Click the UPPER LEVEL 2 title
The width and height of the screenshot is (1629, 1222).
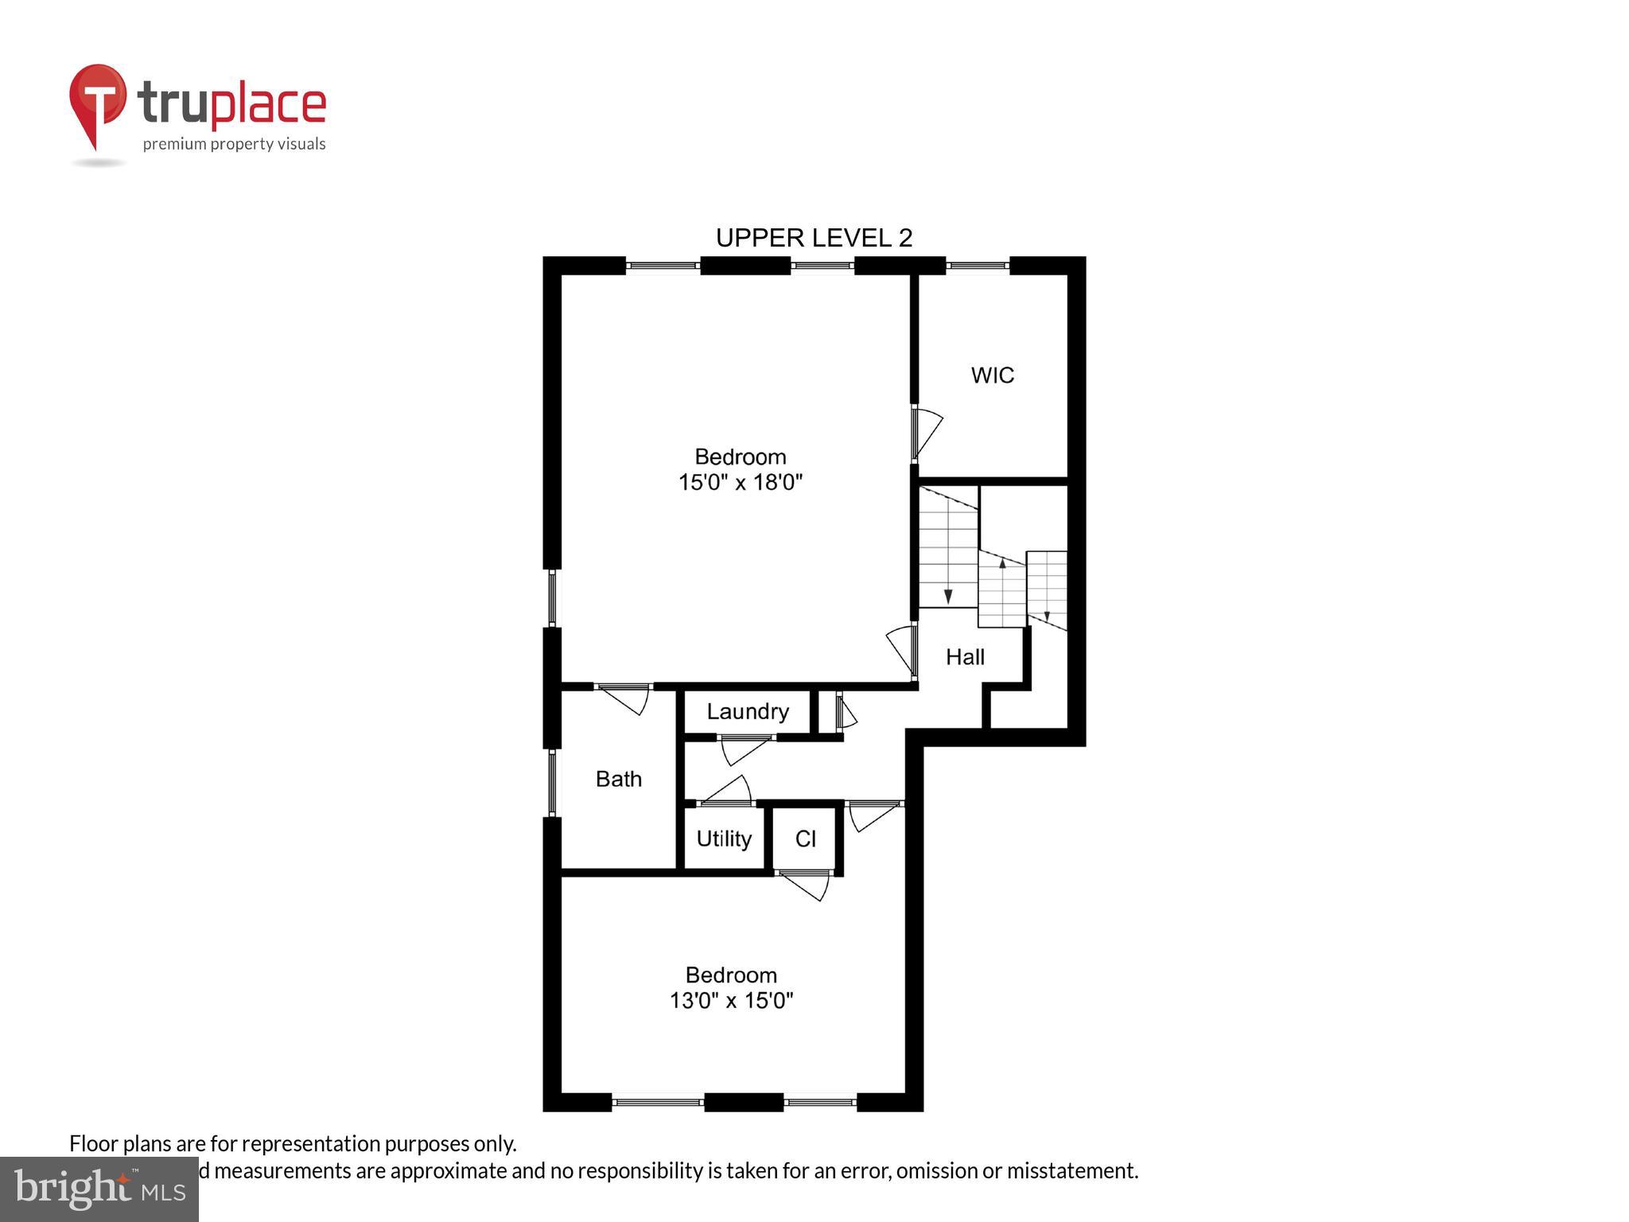pos(814,237)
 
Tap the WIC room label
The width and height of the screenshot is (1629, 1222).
pos(992,375)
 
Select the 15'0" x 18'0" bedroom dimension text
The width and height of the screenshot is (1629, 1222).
pos(740,482)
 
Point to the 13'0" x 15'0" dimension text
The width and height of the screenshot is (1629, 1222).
pos(731,1000)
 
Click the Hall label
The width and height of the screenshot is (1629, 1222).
pos(965,656)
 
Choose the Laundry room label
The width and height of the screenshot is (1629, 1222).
pos(747,711)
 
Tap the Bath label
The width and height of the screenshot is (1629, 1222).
pos(618,779)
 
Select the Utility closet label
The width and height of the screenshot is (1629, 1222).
pos(724,839)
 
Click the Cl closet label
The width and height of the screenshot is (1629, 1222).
pos(805,839)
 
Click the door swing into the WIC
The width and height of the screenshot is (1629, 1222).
pos(927,432)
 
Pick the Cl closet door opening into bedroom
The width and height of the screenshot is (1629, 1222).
pos(805,885)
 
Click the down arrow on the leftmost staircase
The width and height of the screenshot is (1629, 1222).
pos(947,596)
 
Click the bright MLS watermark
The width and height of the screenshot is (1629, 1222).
pos(99,1189)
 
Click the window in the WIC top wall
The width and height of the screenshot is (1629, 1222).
pos(977,265)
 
